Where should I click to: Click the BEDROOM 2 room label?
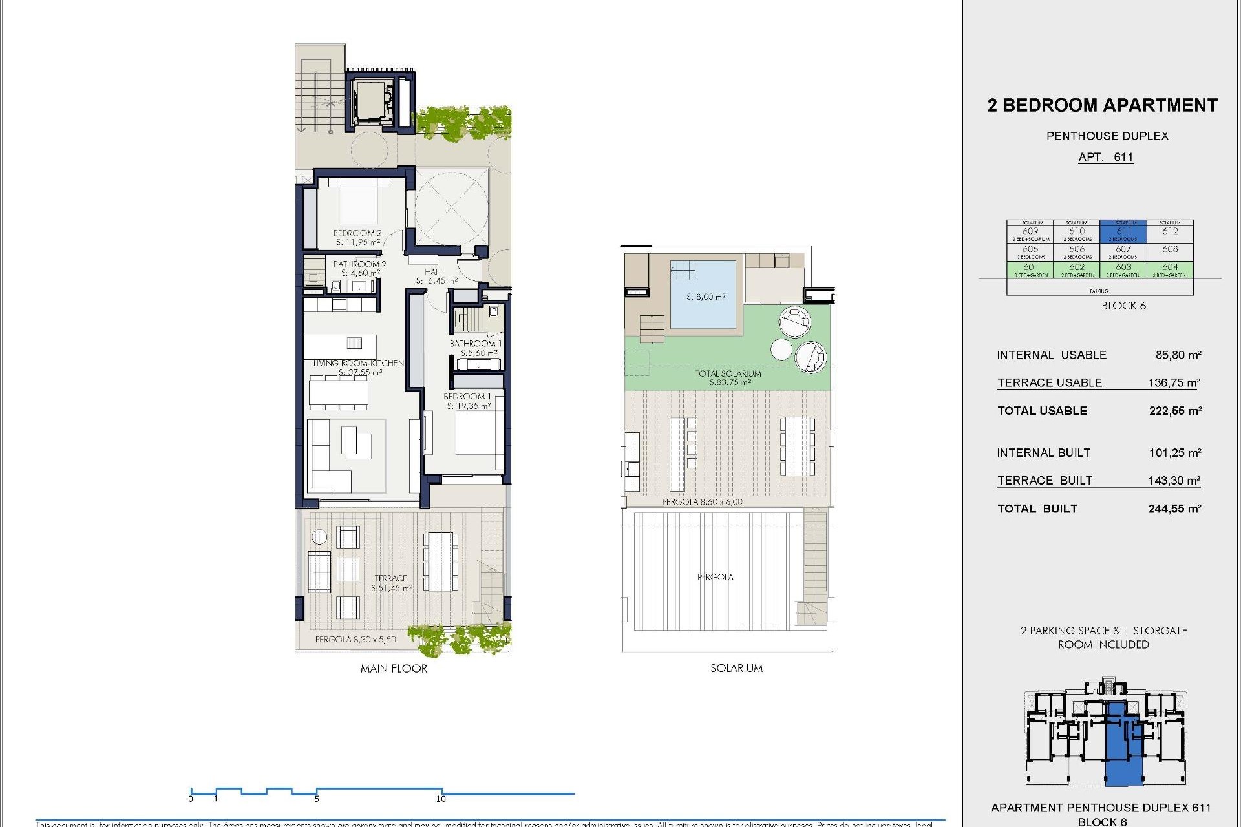click(357, 237)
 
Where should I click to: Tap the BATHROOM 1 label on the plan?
click(475, 348)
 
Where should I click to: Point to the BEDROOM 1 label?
click(468, 401)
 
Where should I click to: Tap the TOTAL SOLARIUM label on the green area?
click(728, 377)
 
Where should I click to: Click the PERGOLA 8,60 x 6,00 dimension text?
click(702, 501)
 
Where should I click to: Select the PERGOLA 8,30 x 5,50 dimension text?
click(355, 639)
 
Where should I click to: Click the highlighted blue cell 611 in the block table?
click(1123, 232)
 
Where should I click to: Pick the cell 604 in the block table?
click(1170, 268)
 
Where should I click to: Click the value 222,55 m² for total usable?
click(1174, 411)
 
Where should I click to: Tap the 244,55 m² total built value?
click(1174, 509)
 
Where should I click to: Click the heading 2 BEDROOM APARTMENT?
click(1102, 105)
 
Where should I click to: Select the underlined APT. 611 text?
click(1105, 157)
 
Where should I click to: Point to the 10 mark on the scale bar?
click(441, 798)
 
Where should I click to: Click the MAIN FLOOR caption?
click(394, 669)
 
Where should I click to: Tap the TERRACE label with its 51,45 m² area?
click(391, 583)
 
